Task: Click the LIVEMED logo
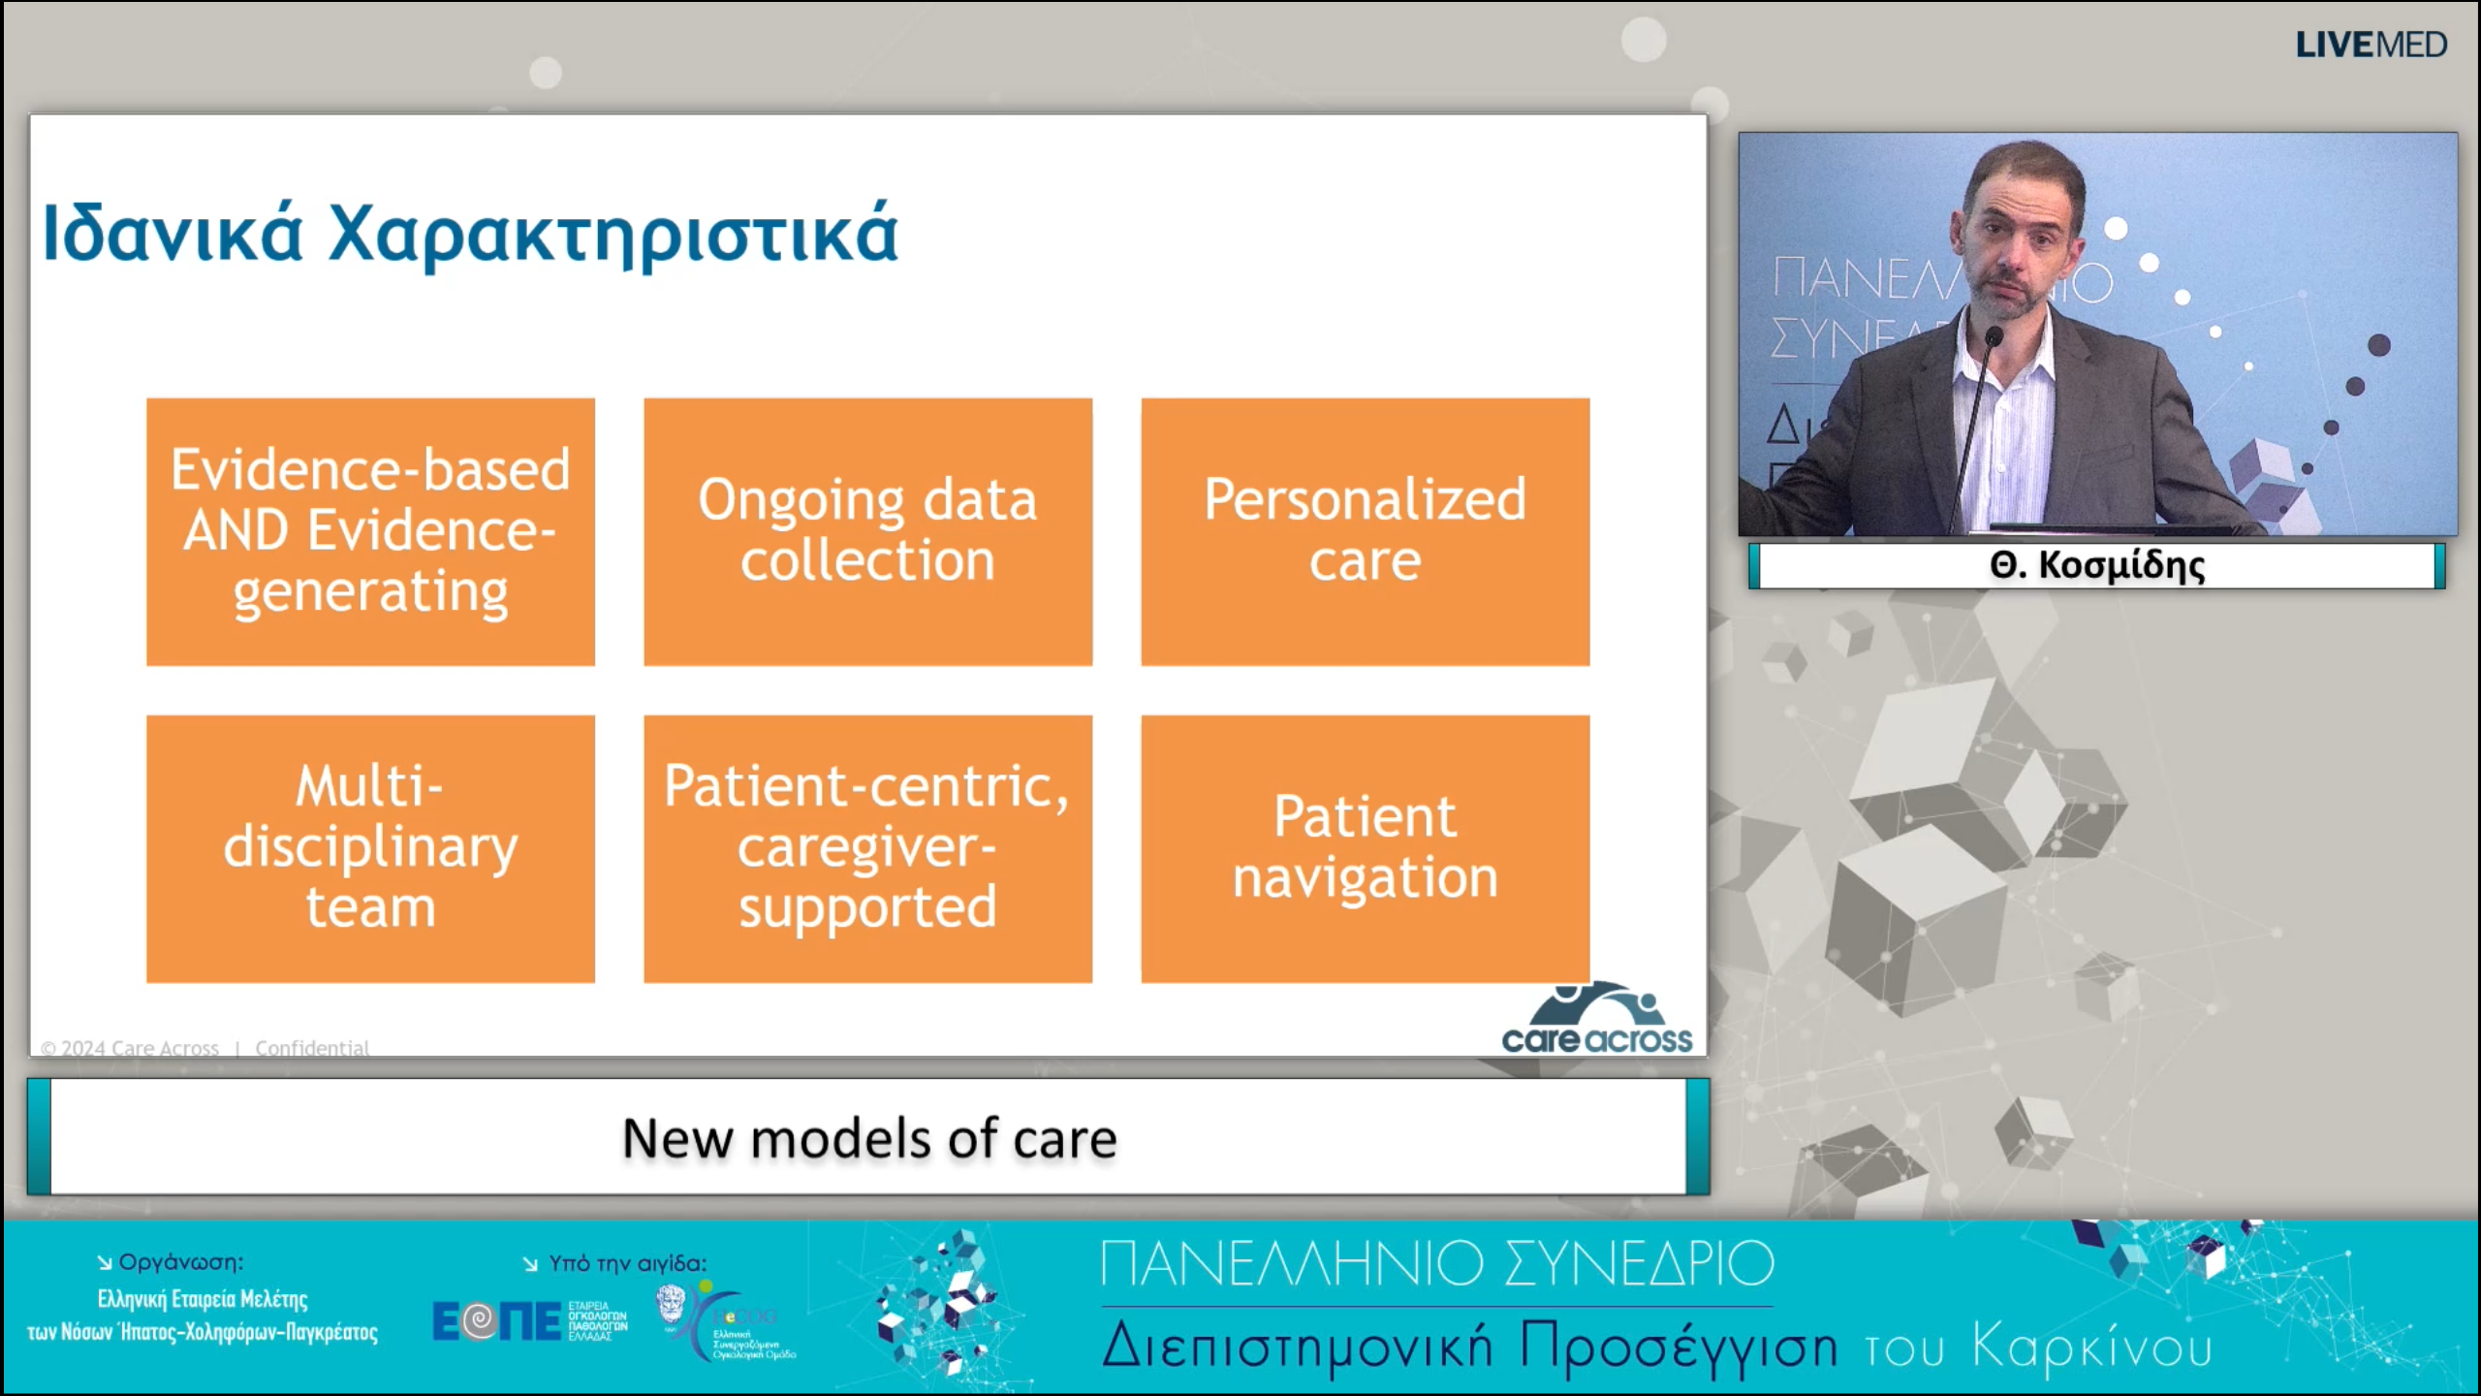click(x=2371, y=45)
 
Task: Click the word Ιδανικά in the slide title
click(x=173, y=234)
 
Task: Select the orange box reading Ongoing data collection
click(x=867, y=531)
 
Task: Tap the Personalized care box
click(x=1365, y=531)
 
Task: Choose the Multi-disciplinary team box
click(x=370, y=848)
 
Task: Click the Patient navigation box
click(x=1365, y=848)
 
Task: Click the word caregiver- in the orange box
click(x=866, y=846)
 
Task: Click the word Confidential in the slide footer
click(x=312, y=1048)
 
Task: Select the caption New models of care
click(x=868, y=1138)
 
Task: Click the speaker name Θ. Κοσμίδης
click(x=2096, y=565)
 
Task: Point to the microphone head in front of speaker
click(x=1994, y=337)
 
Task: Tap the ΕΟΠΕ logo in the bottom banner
click(x=496, y=1321)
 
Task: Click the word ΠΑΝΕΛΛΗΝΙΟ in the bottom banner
click(x=1292, y=1263)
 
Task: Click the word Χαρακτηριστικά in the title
click(x=613, y=234)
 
